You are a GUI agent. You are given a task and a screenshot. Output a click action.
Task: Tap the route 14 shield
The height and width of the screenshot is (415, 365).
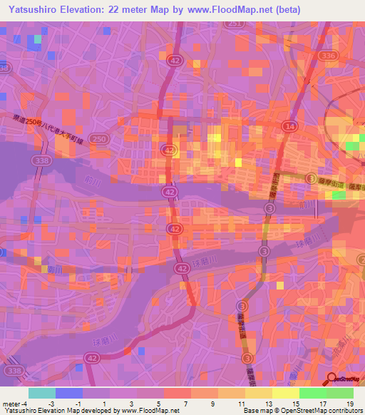(x=289, y=126)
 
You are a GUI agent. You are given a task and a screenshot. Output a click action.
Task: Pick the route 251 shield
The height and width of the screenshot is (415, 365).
(x=233, y=24)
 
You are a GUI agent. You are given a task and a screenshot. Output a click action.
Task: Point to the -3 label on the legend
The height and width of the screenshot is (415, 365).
(x=62, y=403)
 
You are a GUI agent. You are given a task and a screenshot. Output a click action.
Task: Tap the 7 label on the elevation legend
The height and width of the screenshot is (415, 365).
(x=185, y=403)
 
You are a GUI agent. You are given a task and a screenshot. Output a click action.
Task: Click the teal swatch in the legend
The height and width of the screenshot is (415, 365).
(x=41, y=393)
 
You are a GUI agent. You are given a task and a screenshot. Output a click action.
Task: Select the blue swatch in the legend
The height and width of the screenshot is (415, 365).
(x=68, y=393)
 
